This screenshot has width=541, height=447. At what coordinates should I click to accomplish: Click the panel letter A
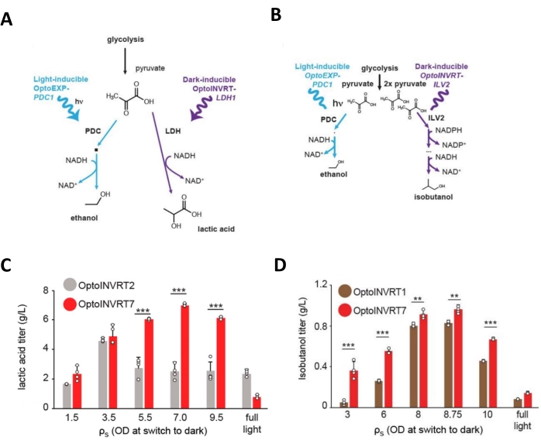pyautogui.click(x=7, y=19)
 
